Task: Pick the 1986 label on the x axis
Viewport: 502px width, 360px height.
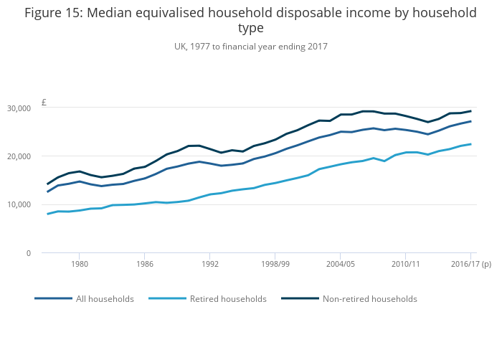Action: [144, 264]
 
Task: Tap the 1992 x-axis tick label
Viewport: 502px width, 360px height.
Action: [209, 264]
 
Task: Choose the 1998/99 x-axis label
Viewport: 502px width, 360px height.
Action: [275, 264]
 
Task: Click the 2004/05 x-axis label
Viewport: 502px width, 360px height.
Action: [340, 264]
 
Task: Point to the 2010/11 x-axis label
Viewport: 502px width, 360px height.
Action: [405, 264]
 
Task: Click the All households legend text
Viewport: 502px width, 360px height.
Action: [105, 299]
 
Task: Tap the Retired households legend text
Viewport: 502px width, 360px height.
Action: [228, 299]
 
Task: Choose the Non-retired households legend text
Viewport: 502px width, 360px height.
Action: [370, 299]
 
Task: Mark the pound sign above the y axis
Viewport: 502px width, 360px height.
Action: [44, 103]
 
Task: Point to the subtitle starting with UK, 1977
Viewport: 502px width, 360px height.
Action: [250, 47]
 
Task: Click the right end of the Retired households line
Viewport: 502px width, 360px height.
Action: [470, 144]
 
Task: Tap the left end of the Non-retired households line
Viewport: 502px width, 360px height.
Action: [48, 184]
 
